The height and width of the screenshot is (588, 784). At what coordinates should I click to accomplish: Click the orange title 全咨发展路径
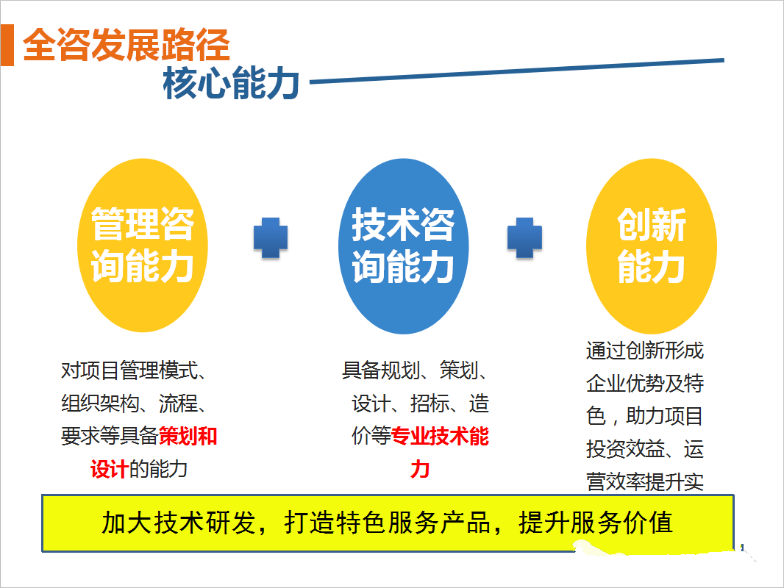[x=126, y=45]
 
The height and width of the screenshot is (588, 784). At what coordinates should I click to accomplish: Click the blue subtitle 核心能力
[x=231, y=83]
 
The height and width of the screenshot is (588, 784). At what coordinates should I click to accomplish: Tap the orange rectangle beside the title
[x=7, y=45]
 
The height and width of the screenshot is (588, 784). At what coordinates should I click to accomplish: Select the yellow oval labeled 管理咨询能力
[x=143, y=245]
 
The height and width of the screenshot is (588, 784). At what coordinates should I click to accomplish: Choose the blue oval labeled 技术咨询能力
[x=404, y=246]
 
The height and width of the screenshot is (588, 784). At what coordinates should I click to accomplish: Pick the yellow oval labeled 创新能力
[x=652, y=246]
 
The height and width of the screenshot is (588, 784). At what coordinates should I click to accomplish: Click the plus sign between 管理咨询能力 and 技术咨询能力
[x=271, y=238]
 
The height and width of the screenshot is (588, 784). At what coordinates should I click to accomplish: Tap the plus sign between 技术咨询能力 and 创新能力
[x=524, y=238]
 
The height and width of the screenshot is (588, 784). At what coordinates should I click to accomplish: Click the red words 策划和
[x=188, y=436]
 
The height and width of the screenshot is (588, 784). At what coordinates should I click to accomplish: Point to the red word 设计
[x=110, y=469]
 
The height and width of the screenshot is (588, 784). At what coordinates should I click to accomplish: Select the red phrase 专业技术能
[x=440, y=436]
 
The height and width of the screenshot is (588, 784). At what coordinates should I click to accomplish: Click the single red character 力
[x=420, y=469]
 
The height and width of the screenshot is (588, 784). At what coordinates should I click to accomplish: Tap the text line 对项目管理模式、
[x=134, y=370]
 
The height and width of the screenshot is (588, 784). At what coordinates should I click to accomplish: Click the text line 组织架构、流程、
[x=134, y=404]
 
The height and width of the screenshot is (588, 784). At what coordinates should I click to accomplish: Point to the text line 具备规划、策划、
[x=415, y=370]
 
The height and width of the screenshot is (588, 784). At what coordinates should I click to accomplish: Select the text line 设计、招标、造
[x=420, y=404]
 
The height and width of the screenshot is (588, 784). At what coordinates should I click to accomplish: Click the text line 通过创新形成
[x=645, y=351]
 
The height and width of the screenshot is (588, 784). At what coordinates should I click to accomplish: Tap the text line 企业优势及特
[x=645, y=383]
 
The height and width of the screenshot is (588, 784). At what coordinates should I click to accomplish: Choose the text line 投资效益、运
[x=645, y=449]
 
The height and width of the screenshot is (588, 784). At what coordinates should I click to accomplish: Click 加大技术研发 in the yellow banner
[x=179, y=523]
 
